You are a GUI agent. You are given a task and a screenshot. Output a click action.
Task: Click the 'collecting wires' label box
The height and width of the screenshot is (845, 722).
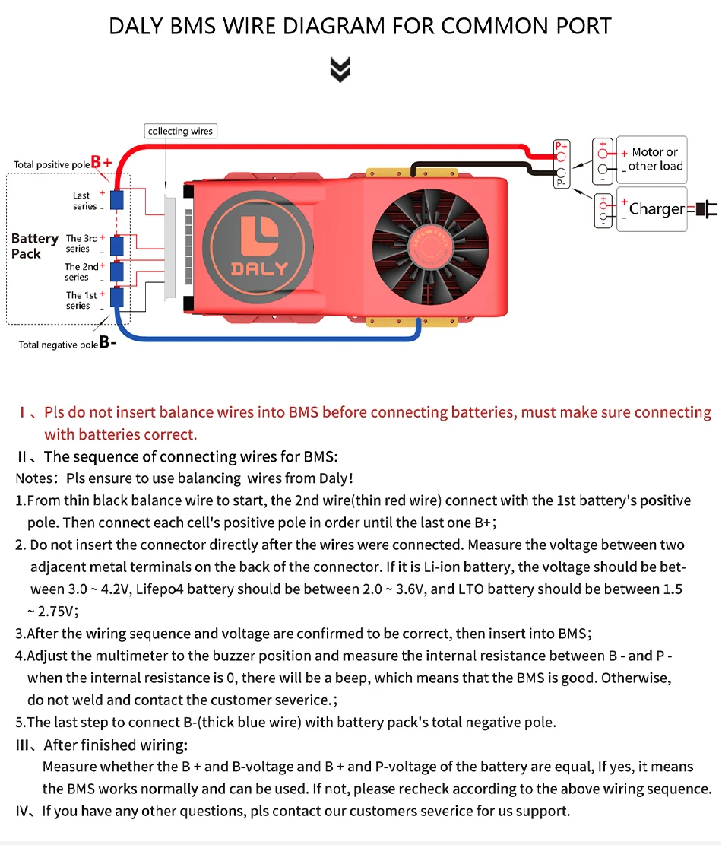(180, 131)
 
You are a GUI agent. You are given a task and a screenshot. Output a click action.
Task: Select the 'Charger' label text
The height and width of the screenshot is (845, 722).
(657, 208)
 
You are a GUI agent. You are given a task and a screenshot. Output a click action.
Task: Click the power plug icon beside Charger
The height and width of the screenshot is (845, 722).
(706, 208)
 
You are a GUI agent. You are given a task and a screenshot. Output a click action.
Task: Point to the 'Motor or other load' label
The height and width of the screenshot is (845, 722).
(655, 159)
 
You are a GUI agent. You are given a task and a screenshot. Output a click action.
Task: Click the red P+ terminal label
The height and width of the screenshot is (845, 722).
(561, 145)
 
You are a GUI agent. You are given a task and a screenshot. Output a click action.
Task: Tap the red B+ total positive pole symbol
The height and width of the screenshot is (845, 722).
(101, 162)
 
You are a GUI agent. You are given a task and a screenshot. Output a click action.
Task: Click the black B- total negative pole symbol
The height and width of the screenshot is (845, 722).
(107, 343)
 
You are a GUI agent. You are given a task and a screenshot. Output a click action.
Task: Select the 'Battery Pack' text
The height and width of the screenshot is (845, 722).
(34, 246)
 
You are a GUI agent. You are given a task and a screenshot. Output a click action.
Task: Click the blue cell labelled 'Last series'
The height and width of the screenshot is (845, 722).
(117, 200)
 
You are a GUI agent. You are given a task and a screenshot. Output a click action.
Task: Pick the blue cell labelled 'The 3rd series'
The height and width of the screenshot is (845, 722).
(117, 245)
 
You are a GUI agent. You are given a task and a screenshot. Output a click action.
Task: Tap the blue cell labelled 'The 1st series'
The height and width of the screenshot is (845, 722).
(117, 297)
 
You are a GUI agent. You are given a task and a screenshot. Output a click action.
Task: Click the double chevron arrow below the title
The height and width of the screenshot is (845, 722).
(340, 70)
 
